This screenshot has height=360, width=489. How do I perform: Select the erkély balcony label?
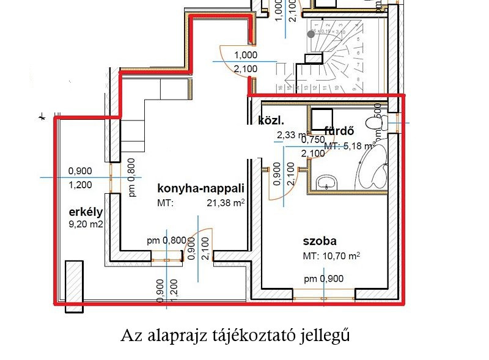tap(85, 212)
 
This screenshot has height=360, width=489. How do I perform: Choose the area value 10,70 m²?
tap(341, 256)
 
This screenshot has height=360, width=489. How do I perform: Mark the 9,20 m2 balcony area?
tap(86, 224)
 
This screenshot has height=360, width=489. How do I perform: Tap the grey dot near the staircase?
tap(311, 34)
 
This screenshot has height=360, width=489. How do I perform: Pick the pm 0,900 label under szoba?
tap(324, 279)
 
